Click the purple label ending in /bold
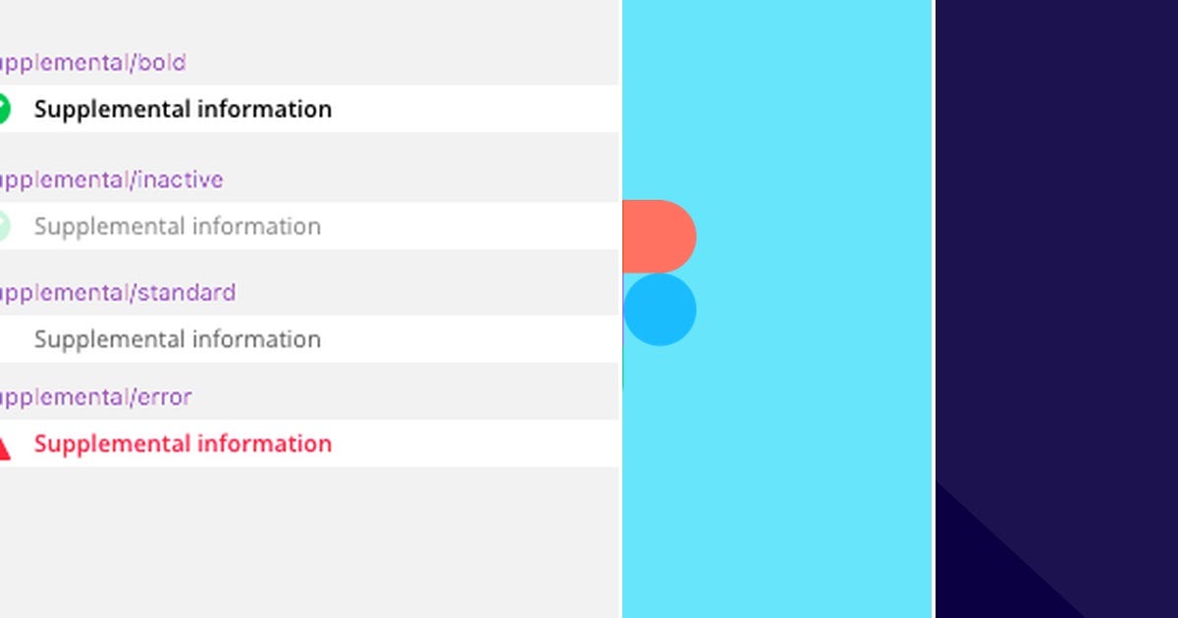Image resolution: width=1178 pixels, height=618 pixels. [x=93, y=63]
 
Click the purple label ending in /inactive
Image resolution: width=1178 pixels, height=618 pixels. [x=111, y=180]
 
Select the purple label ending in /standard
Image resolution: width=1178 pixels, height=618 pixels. [x=118, y=292]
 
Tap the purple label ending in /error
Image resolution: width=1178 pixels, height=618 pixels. [x=95, y=397]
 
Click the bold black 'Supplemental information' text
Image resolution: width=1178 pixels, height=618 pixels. [x=183, y=109]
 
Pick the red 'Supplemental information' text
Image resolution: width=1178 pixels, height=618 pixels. [x=183, y=443]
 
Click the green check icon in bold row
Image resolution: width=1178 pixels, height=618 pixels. [x=3, y=109]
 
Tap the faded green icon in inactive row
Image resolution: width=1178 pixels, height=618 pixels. [x=3, y=227]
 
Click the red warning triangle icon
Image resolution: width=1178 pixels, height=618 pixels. [x=4, y=448]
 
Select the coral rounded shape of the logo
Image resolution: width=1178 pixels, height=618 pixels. [x=659, y=236]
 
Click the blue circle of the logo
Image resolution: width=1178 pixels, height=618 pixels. [x=660, y=310]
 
